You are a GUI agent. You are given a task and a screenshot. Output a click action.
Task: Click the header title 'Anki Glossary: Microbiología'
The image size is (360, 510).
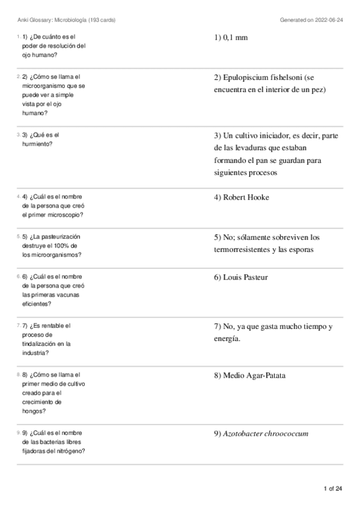pyautogui.click(x=53, y=20)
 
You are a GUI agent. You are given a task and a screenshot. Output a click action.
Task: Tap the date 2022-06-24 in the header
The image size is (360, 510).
pyautogui.click(x=328, y=20)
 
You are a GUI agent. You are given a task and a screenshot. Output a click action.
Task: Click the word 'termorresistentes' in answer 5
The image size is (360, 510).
pyautogui.click(x=243, y=250)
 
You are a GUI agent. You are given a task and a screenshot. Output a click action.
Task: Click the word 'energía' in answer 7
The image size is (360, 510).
pyautogui.click(x=227, y=339)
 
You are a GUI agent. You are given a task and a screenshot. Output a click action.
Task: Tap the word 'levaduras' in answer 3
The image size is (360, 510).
pyautogui.click(x=250, y=148)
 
